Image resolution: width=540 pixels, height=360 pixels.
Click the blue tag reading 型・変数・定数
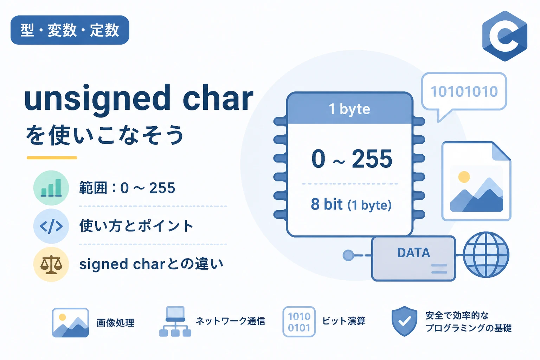70,30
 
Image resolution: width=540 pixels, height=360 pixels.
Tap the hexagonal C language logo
504,36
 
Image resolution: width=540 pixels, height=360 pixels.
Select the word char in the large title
218,98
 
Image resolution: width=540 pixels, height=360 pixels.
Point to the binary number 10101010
464,92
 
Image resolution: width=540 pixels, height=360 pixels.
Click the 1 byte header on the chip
349,109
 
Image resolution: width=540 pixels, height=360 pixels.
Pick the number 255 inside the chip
372,159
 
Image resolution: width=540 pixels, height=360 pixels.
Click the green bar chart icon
51,188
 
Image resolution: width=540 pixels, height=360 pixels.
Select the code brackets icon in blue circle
51,226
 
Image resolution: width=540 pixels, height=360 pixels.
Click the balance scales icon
51,264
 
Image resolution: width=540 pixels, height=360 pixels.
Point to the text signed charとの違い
151,264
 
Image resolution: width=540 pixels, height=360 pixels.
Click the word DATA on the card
413,253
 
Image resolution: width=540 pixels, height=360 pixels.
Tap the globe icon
486,255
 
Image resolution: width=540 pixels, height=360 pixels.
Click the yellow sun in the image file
464,177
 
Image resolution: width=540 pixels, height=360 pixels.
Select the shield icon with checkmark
405,321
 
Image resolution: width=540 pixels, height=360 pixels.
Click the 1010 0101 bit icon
299,322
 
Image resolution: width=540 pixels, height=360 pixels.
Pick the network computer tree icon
175,321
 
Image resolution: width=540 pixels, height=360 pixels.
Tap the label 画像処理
115,323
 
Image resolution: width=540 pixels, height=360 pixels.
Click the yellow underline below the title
52,158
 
